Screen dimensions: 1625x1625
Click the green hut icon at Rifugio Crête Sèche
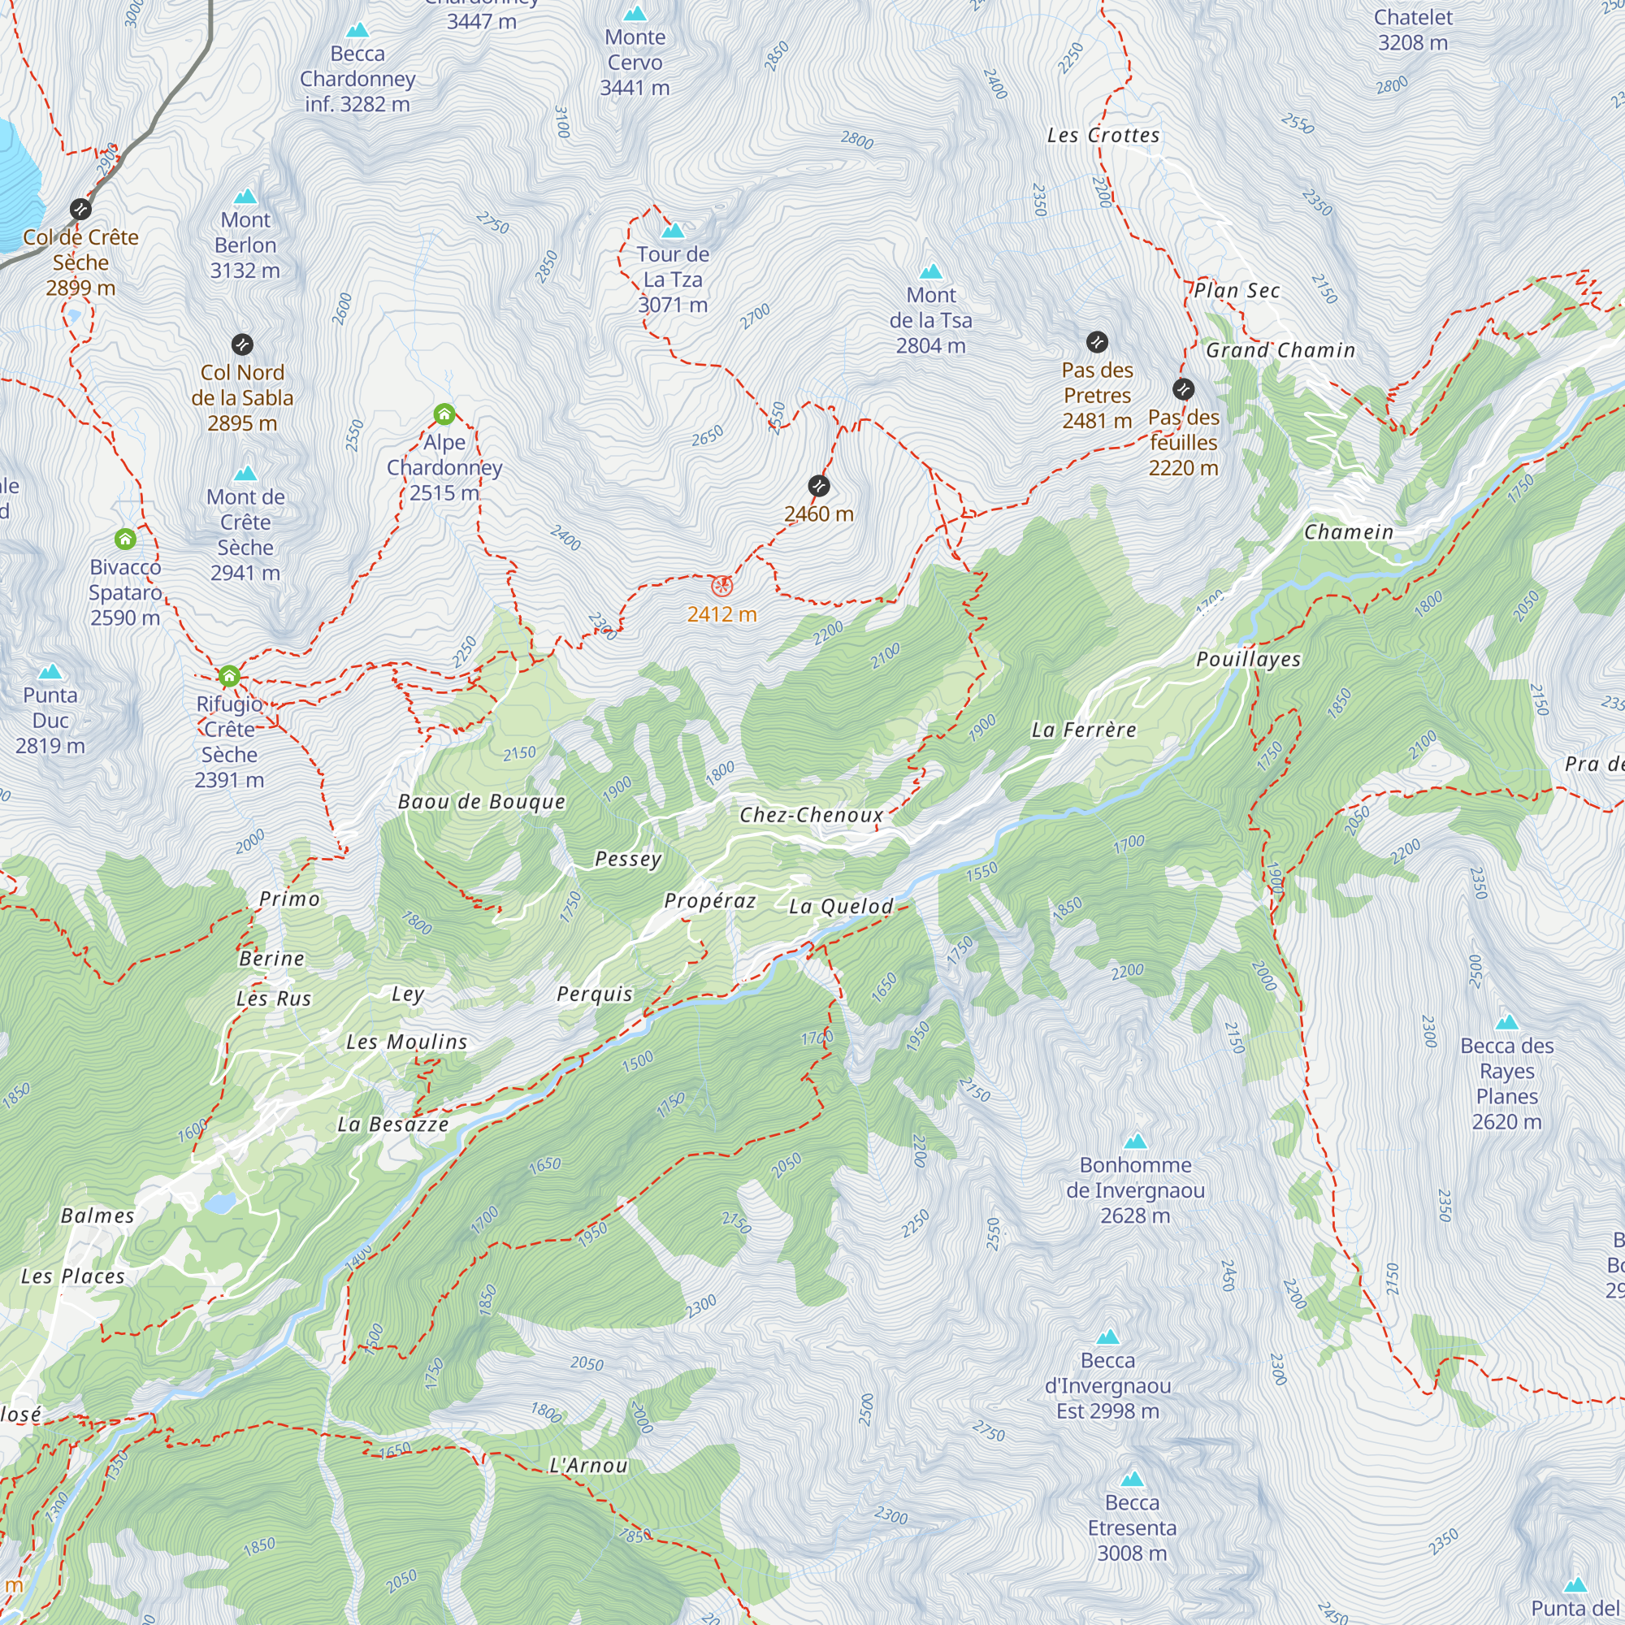(229, 676)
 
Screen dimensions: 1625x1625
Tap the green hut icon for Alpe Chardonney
(444, 414)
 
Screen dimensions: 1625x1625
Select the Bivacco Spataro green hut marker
(125, 539)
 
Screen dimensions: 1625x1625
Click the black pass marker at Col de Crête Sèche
(80, 209)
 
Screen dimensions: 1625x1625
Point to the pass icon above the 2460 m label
(818, 485)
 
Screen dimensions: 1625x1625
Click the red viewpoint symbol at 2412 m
(721, 587)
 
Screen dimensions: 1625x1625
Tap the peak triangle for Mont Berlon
(245, 197)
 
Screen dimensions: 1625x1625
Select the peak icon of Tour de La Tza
(672, 231)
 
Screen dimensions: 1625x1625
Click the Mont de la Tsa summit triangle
(930, 271)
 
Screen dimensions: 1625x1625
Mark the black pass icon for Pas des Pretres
(1097, 341)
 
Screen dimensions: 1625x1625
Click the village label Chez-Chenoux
(812, 814)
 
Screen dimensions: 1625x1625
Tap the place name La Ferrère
(1083, 730)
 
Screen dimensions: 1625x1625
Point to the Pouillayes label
(1248, 660)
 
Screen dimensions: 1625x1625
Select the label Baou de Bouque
(481, 802)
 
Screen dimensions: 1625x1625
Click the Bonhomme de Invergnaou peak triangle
(1136, 1142)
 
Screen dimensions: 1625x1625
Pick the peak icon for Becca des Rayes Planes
(1506, 1023)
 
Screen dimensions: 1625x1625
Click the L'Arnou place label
(588, 1465)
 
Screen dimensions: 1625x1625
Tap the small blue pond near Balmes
(220, 1203)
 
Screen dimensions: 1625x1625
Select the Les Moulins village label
(406, 1042)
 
